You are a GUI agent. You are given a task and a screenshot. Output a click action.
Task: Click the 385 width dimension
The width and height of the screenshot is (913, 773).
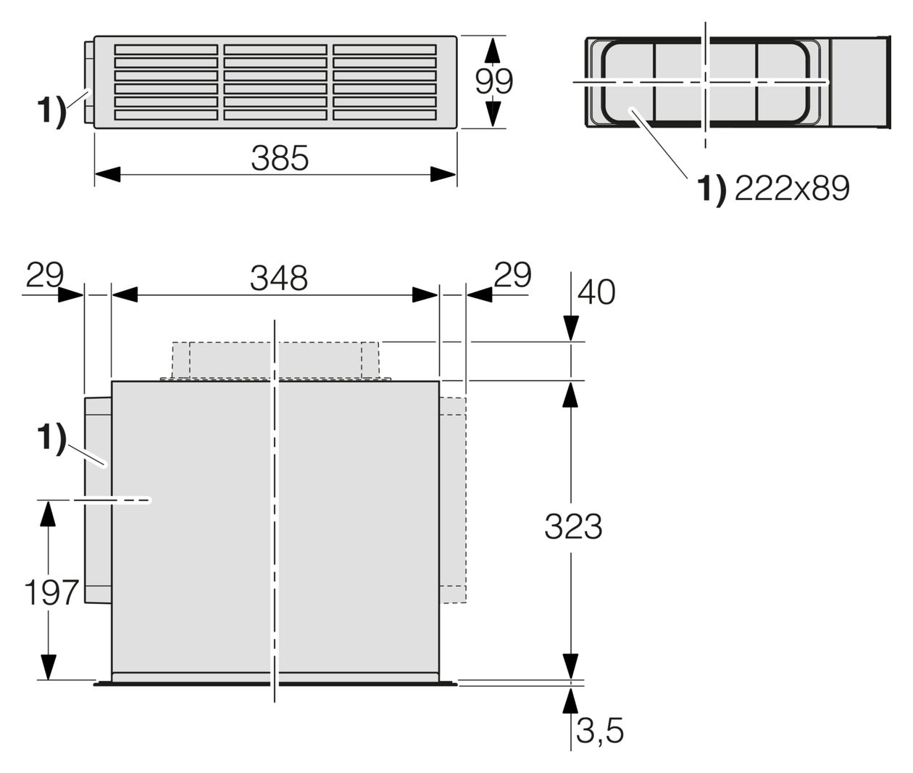[280, 158]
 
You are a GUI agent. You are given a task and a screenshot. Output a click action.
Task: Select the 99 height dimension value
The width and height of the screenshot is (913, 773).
[494, 81]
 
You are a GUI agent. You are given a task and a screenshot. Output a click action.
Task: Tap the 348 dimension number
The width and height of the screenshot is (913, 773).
[279, 278]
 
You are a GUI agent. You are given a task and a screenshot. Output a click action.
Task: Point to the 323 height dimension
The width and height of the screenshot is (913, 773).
[573, 526]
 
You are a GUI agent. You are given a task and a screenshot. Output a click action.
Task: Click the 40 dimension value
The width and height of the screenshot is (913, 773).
[596, 292]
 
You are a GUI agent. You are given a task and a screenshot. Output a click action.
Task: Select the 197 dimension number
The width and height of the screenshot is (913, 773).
[51, 593]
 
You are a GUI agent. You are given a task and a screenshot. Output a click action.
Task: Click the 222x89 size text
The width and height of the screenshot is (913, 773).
[792, 189]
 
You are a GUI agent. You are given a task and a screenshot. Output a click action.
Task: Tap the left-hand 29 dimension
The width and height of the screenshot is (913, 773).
[45, 275]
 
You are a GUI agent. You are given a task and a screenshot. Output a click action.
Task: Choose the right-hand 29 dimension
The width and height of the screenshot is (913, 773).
[512, 275]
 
